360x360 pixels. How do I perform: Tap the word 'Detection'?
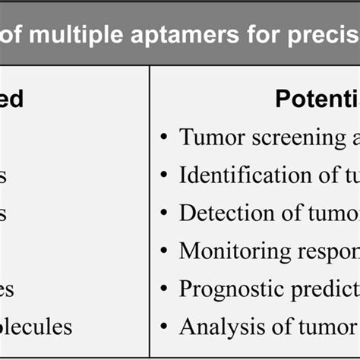point(216,213)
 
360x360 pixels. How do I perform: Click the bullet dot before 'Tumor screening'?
point(165,138)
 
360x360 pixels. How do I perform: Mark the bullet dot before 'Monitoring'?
point(165,251)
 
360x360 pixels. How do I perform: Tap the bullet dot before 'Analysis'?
point(165,327)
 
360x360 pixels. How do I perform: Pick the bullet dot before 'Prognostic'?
point(165,289)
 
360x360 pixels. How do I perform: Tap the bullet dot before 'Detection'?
point(165,213)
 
